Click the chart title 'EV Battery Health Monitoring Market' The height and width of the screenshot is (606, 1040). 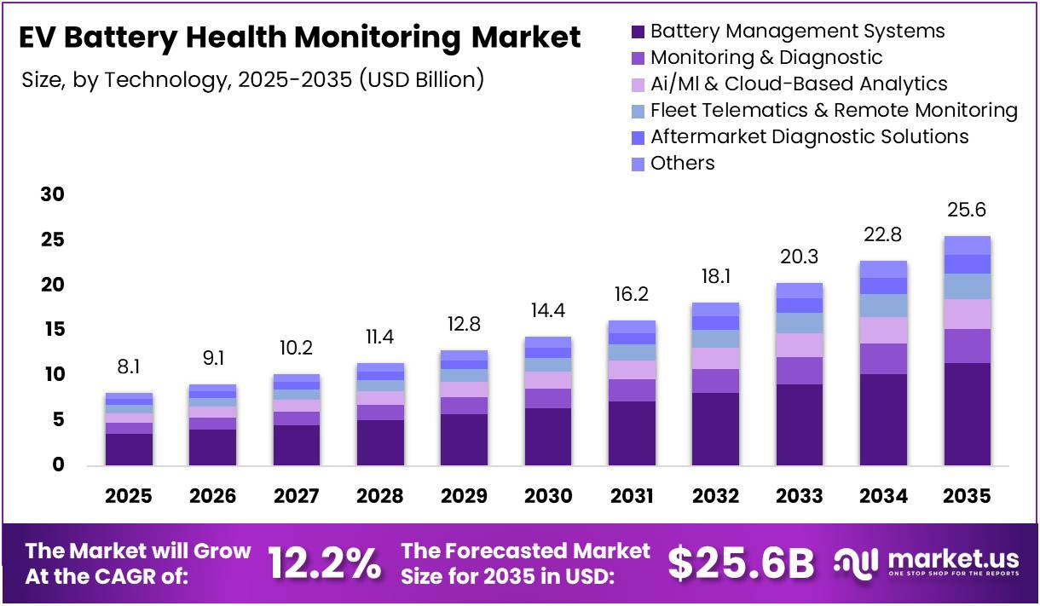click(x=299, y=38)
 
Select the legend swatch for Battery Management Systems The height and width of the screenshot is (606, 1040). click(x=638, y=32)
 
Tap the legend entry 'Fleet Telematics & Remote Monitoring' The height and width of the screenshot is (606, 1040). click(x=833, y=110)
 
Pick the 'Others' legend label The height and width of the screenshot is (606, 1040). click(x=682, y=163)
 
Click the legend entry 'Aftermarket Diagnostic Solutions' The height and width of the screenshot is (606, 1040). click(x=809, y=136)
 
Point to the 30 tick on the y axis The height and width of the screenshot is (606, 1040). click(x=53, y=194)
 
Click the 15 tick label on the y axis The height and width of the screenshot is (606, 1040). click(x=53, y=330)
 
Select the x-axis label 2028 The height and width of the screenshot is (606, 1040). click(x=380, y=496)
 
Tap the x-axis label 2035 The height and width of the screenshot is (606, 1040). click(x=967, y=496)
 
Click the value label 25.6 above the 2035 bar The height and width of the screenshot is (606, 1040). click(x=967, y=210)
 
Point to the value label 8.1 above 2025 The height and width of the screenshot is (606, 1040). click(x=129, y=366)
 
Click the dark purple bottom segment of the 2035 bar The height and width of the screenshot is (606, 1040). click(x=967, y=413)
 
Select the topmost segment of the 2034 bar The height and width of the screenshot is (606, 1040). click(x=883, y=268)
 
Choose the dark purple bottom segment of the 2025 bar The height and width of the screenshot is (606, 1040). click(x=129, y=449)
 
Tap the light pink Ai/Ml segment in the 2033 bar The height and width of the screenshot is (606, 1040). click(x=800, y=344)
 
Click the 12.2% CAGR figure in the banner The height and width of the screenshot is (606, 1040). click(x=324, y=563)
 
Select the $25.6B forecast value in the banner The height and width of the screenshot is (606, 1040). click(x=740, y=563)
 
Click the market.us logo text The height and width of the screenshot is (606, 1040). click(x=952, y=559)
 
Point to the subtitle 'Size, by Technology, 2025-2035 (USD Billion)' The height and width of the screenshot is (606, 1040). click(x=253, y=80)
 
